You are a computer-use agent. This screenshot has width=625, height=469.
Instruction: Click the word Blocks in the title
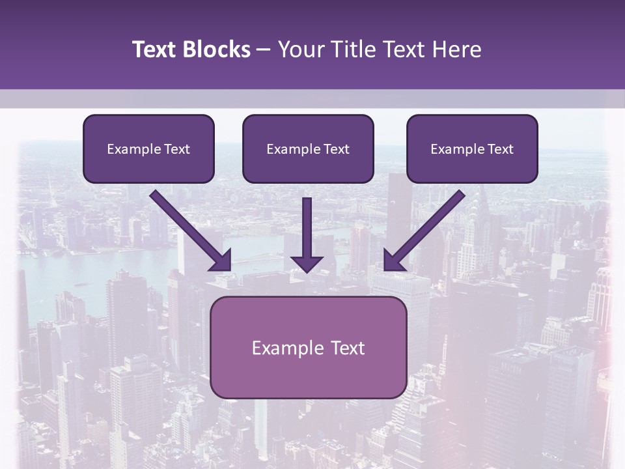click(x=217, y=50)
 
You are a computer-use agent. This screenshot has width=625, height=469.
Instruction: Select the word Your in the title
click(x=299, y=50)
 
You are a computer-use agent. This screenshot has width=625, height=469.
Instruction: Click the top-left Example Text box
click(x=148, y=149)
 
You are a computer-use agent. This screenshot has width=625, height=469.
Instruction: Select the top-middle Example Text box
click(x=308, y=149)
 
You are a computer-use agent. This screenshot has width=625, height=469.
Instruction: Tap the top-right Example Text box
click(x=472, y=149)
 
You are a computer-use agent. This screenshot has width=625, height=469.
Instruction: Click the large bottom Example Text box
click(x=308, y=347)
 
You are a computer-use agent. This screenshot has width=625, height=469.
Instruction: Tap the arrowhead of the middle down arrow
click(x=307, y=263)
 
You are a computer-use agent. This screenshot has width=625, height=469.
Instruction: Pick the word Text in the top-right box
click(x=500, y=149)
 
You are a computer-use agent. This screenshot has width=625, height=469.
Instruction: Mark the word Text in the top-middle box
click(x=336, y=149)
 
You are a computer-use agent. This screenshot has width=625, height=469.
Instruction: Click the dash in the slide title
click(x=264, y=50)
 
